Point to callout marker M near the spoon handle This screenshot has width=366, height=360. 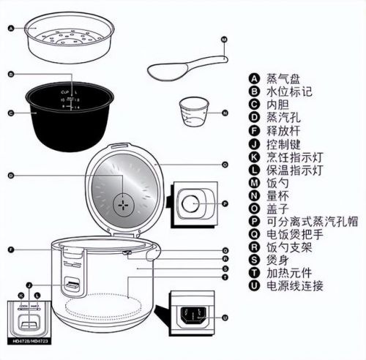coord(225,38)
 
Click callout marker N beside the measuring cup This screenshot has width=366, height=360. coord(225,113)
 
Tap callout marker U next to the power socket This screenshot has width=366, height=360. coord(225,317)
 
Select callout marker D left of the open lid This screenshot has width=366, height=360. coord(10,176)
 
